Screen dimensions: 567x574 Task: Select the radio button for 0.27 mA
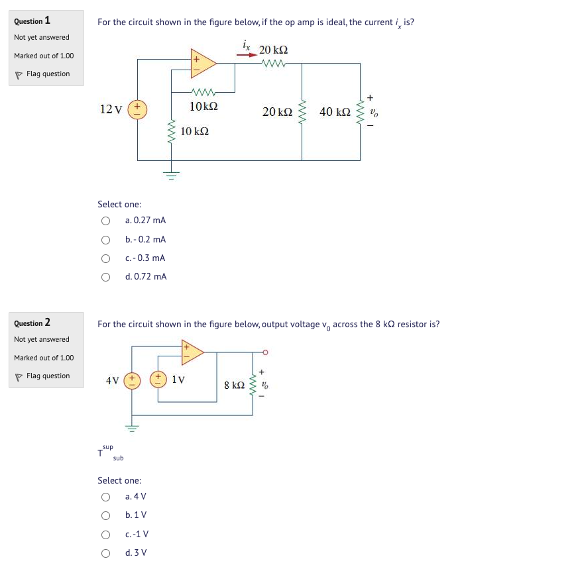(x=105, y=221)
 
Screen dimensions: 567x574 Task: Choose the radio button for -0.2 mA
(x=105, y=239)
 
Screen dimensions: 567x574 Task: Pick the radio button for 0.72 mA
(x=105, y=277)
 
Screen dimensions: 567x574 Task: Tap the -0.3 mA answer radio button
(x=105, y=258)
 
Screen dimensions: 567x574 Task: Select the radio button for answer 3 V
(x=105, y=552)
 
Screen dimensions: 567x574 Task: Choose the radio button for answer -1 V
(x=105, y=534)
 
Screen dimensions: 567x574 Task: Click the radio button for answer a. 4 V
(x=105, y=497)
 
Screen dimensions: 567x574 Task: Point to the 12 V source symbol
(x=138, y=109)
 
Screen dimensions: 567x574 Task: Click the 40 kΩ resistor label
(x=335, y=112)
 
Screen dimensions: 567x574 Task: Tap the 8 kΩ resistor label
(x=235, y=385)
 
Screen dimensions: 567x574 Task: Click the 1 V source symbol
(x=159, y=380)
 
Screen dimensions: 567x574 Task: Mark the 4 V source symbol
(x=132, y=380)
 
